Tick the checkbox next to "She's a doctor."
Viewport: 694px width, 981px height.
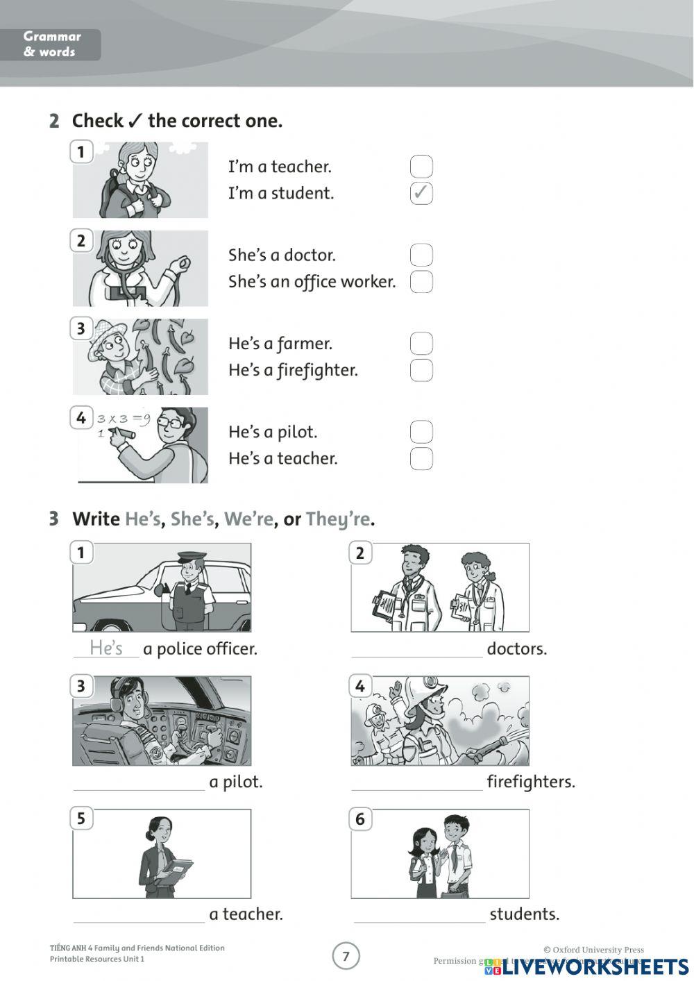tap(421, 255)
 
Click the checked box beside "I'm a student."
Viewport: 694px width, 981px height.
tap(421, 193)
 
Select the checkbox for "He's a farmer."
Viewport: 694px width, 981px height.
tap(421, 344)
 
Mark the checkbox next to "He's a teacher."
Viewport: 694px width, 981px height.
tap(421, 459)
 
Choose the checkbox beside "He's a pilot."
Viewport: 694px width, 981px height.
tap(421, 432)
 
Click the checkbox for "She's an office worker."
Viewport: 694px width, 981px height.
tap(421, 282)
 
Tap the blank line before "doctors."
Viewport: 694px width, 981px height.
tap(416, 650)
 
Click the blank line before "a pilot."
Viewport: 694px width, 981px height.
tap(139, 783)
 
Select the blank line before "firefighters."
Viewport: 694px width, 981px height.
tap(416, 783)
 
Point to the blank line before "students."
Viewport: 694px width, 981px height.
tap(419, 916)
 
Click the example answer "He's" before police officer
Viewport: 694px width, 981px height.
tap(106, 648)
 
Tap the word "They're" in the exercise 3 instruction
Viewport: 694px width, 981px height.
tap(337, 519)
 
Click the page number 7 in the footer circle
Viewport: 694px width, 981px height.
tap(346, 957)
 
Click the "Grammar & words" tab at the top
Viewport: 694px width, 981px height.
tap(52, 44)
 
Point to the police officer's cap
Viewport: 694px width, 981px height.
tap(191, 556)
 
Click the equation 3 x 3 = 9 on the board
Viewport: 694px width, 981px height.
tap(124, 419)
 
